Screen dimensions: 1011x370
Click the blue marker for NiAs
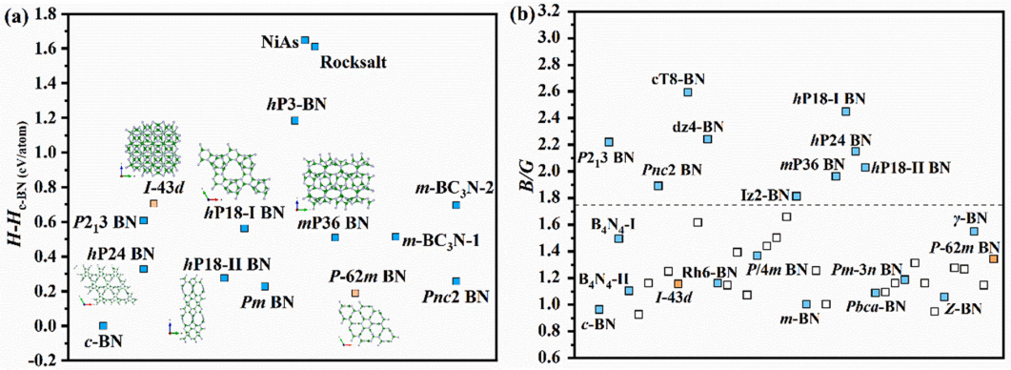coord(305,40)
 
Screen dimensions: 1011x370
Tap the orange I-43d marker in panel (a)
coord(153,204)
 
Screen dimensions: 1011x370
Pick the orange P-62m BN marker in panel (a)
coord(355,293)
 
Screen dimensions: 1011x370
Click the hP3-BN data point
coord(294,121)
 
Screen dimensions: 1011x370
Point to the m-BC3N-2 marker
coord(455,205)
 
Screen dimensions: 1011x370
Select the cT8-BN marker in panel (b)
coord(688,92)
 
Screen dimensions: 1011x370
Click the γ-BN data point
coord(974,231)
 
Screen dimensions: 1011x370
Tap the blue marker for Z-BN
coord(944,297)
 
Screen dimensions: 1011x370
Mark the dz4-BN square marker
coord(707,139)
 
